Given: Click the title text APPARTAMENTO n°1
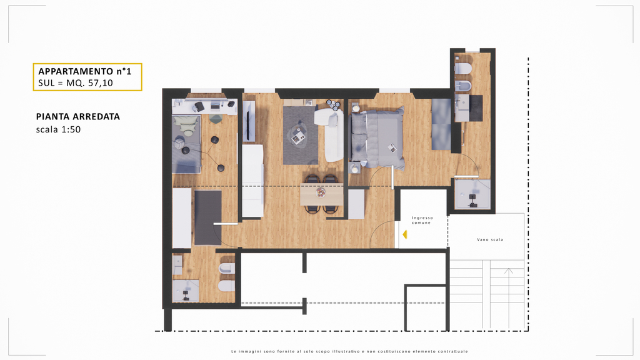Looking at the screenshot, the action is [85, 71].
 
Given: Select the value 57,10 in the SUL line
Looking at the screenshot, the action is [101, 83].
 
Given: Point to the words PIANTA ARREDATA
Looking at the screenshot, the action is [78, 117].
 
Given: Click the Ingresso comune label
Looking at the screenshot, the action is [422, 221].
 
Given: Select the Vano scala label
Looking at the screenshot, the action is [490, 239].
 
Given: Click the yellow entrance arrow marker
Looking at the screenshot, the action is [405, 234].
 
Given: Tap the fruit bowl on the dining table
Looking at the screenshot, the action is [321, 192].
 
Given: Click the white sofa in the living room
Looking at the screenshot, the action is [330, 134].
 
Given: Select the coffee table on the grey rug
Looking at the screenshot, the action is [298, 135].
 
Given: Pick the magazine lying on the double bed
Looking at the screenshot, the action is [392, 147].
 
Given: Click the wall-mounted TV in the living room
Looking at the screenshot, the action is [249, 122].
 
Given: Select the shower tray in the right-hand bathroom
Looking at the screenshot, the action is [472, 194].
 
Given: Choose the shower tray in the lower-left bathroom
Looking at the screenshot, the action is [186, 291].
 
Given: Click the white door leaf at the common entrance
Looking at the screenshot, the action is [397, 234].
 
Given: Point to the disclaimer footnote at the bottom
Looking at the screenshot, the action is [349, 351].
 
